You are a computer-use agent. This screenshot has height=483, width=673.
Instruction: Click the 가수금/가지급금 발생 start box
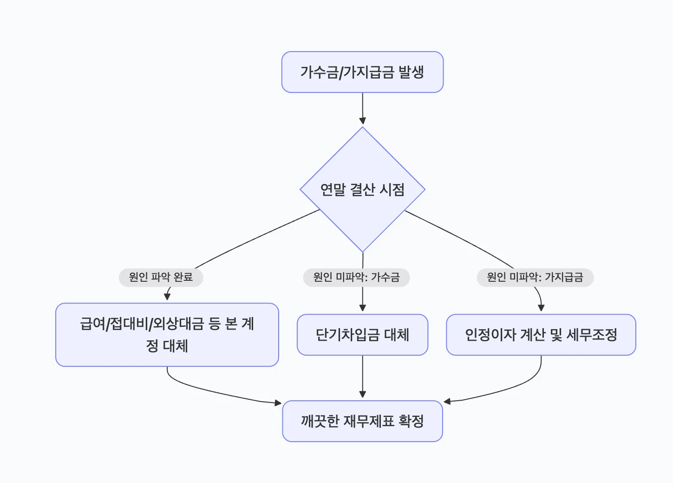[362, 72]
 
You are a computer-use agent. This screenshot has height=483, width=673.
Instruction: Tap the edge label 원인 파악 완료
[161, 278]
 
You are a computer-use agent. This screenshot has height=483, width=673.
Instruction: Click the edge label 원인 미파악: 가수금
[356, 278]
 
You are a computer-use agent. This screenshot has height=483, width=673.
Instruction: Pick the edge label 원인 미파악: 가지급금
[535, 278]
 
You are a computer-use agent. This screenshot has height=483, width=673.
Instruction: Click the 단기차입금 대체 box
[362, 335]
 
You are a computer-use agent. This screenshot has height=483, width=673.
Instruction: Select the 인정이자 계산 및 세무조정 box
[541, 335]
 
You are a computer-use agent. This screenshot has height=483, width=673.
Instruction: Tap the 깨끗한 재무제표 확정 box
[362, 421]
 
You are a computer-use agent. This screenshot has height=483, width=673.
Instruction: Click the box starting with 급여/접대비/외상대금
[167, 335]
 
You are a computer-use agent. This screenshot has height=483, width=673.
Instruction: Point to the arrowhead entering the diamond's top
[363, 121]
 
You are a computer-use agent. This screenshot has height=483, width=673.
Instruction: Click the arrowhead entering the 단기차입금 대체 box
[363, 308]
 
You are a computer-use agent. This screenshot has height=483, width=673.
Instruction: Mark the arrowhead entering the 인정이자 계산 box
[541, 308]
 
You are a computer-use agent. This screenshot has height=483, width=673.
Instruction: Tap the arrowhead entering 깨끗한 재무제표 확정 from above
[363, 395]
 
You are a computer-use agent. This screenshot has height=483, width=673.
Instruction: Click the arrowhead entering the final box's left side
[279, 403]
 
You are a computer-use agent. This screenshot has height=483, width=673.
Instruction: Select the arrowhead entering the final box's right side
[447, 401]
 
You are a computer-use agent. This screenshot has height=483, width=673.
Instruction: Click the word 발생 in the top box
[411, 72]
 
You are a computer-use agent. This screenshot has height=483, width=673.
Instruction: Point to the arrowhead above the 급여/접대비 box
[167, 297]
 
